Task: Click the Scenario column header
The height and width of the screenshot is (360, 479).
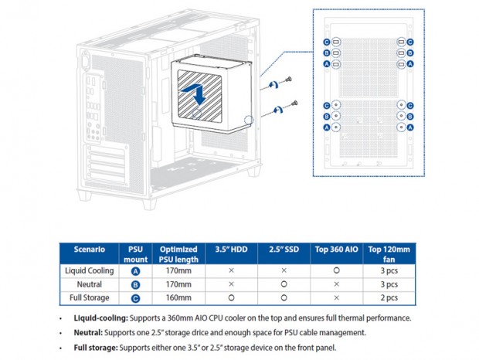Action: tap(89, 250)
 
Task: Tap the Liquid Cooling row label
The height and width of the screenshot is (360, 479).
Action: tap(89, 271)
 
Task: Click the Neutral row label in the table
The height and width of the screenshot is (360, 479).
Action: tap(89, 284)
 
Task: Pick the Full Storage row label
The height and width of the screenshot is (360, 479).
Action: tap(89, 297)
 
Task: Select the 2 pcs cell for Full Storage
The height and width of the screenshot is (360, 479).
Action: tap(389, 297)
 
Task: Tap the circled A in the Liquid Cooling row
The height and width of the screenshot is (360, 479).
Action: tap(135, 271)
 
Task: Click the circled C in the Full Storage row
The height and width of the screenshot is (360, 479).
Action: tap(135, 297)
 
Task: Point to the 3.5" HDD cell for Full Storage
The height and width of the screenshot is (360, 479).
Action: tap(231, 297)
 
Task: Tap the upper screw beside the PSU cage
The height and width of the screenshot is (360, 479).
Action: tap(287, 80)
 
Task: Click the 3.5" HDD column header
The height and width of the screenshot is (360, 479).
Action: tap(231, 250)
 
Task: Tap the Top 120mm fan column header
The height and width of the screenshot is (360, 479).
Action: tap(389, 250)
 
